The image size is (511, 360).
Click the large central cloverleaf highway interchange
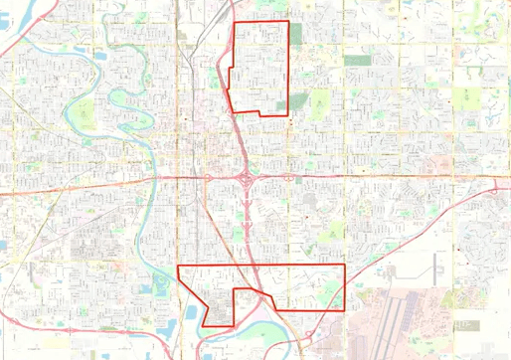245,179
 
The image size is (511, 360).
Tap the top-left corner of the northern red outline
233,22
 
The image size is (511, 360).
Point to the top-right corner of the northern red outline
288,22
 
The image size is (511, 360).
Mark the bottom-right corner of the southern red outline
344,310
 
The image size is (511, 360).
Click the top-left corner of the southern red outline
177,266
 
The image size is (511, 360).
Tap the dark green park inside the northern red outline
295,102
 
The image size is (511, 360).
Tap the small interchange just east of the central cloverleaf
289,177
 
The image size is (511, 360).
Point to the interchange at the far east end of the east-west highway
494,187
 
